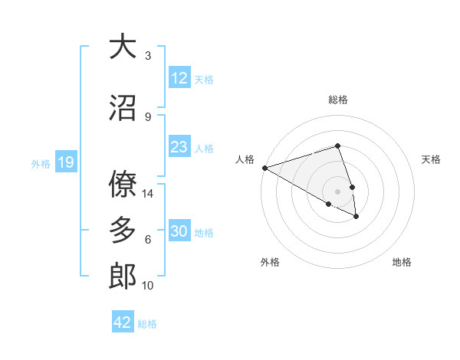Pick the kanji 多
click(123, 230)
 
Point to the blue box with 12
click(179, 78)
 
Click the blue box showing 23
click(179, 147)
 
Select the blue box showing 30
click(179, 232)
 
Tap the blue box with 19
click(65, 162)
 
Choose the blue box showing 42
click(123, 322)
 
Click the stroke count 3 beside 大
click(148, 56)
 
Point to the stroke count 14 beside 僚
click(148, 194)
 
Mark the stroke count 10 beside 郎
click(148, 286)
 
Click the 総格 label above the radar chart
click(337, 100)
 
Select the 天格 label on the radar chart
click(432, 159)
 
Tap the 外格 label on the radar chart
click(270, 262)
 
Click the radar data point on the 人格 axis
click(264, 167)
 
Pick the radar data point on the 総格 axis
click(337, 146)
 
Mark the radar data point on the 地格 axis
click(356, 217)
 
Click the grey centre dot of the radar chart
click(337, 191)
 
